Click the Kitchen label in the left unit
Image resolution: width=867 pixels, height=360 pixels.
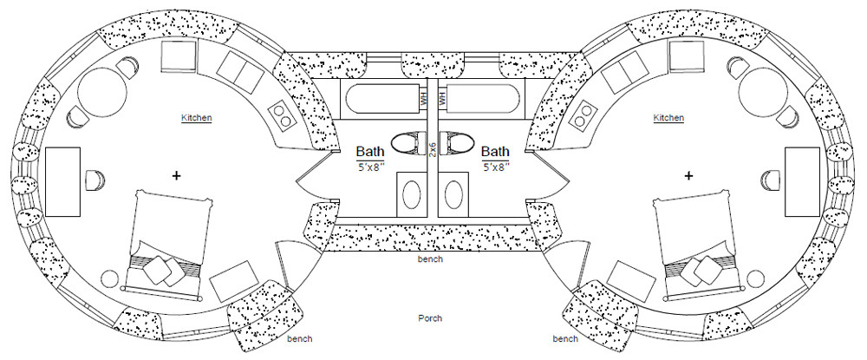[197, 117]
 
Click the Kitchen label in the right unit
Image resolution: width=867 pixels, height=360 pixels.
[668, 117]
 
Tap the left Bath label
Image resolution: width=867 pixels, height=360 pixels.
[370, 151]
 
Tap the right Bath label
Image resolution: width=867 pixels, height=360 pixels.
[495, 151]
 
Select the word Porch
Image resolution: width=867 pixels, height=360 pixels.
[430, 318]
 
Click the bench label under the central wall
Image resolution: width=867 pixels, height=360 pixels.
[429, 259]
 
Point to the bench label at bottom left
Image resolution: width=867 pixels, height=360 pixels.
[299, 338]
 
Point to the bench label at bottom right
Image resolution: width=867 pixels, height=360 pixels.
[565, 338]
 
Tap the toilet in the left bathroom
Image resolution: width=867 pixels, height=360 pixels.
[408, 141]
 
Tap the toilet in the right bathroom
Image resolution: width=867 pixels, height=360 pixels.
[457, 141]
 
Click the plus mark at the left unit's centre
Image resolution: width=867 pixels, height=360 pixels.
[177, 175]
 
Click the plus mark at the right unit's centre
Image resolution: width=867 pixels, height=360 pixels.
[689, 175]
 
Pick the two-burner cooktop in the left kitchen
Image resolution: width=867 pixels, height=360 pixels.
[282, 113]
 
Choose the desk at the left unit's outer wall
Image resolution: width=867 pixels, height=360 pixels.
[62, 181]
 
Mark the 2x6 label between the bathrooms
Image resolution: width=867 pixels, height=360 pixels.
[433, 148]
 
